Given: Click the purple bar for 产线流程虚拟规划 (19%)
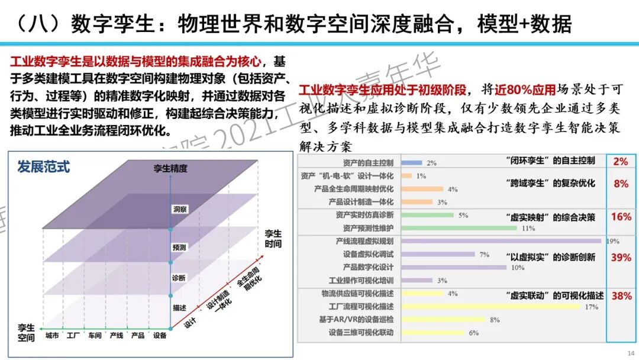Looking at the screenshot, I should [501, 241].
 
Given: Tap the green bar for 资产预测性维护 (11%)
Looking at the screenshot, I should [460, 228].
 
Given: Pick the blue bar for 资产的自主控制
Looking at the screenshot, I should [411, 162].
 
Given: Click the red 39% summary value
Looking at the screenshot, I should [621, 258].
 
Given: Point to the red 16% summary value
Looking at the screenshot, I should [621, 217].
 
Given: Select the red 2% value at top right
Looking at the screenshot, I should [621, 161].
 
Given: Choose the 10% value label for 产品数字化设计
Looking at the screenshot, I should [518, 268].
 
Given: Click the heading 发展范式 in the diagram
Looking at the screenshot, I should [43, 166].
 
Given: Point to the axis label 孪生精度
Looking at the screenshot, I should [170, 169].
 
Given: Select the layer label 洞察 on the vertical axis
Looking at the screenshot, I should [179, 209].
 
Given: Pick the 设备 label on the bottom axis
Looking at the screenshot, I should [159, 335].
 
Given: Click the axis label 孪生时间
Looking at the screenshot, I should [273, 239].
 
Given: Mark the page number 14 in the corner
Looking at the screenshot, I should [630, 353].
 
